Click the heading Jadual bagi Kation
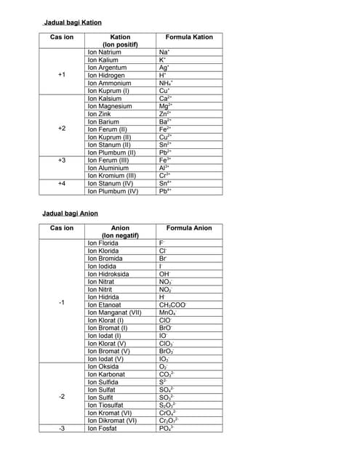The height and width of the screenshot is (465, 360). (x=73, y=23)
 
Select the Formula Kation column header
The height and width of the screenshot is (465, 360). (x=189, y=36)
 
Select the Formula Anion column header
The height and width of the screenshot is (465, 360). (x=189, y=228)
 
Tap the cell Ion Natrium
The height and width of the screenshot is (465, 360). (x=105, y=52)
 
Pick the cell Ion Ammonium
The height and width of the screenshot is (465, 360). (x=108, y=83)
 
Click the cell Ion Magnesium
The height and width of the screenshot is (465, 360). (x=110, y=106)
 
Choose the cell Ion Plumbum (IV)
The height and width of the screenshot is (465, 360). (x=113, y=191)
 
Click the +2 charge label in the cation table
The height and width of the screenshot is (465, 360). (x=62, y=129)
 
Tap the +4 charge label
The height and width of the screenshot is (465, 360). (x=62, y=184)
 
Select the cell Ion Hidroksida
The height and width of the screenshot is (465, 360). (x=108, y=275)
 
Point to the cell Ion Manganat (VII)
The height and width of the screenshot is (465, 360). (x=114, y=313)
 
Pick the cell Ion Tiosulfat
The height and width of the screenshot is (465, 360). (x=106, y=405)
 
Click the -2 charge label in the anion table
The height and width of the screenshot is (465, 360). (x=62, y=397)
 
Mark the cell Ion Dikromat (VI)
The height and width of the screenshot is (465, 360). (x=112, y=420)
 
